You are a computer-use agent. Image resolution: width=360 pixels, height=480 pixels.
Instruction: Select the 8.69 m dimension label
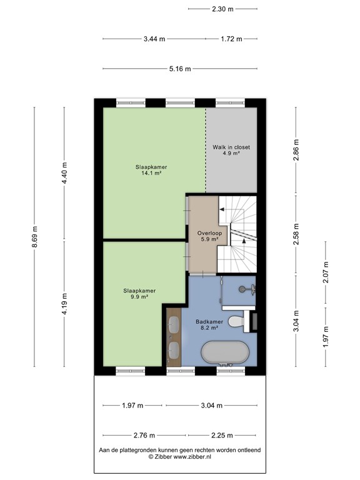(x=34, y=237)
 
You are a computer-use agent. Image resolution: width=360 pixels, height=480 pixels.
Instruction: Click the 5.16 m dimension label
(x=180, y=69)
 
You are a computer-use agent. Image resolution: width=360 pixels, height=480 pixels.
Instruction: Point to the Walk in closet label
(x=231, y=147)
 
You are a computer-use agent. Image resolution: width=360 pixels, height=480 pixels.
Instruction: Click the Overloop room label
(x=209, y=233)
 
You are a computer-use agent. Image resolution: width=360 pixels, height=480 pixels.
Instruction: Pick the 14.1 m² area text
(x=151, y=173)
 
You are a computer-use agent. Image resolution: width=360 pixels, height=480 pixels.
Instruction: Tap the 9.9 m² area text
(x=139, y=297)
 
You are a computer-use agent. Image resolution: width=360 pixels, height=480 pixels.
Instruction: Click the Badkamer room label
(x=209, y=322)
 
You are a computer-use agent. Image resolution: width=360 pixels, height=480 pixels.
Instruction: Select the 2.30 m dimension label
(x=223, y=9)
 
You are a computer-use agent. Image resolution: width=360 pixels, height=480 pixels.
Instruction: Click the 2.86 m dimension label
(x=296, y=150)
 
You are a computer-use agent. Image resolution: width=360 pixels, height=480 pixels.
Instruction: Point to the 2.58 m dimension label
(x=296, y=234)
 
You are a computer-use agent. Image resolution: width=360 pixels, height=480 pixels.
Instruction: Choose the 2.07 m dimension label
(x=326, y=272)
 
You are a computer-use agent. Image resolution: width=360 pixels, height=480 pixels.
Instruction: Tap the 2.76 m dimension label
(x=144, y=435)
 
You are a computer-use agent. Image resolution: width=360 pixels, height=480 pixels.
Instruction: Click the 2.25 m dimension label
(x=222, y=435)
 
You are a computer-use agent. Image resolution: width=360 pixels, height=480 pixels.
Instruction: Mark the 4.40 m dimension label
(x=64, y=173)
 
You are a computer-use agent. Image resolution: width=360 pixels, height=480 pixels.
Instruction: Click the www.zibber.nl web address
(x=192, y=457)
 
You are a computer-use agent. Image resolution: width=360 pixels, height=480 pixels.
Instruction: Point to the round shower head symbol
(x=242, y=288)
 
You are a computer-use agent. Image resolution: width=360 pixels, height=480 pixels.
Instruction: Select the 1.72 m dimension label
(x=231, y=39)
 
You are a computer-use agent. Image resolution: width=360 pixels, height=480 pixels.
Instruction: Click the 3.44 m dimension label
(x=154, y=39)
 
